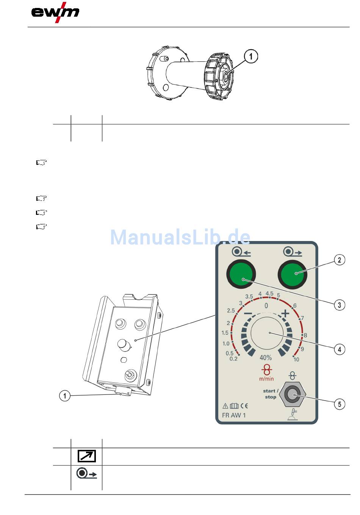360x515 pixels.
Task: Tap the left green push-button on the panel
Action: pyautogui.click(x=241, y=274)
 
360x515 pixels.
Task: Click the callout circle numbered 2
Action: pyautogui.click(x=339, y=260)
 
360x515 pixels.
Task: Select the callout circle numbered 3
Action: pyautogui.click(x=339, y=305)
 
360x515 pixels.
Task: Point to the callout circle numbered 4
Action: pyautogui.click(x=339, y=349)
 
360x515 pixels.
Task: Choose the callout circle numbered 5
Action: pyautogui.click(x=339, y=404)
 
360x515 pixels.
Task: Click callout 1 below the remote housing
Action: pyautogui.click(x=65, y=396)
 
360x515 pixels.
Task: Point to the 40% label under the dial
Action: pyautogui.click(x=266, y=358)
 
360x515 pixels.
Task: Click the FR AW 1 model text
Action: pyautogui.click(x=234, y=415)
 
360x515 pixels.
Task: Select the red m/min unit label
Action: pyautogui.click(x=266, y=379)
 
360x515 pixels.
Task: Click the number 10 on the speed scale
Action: pyautogui.click(x=296, y=360)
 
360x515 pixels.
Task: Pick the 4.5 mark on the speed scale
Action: pyautogui.click(x=269, y=294)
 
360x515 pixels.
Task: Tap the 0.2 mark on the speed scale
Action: pyautogui.click(x=233, y=359)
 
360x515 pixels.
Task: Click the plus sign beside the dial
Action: pyautogui.click(x=285, y=314)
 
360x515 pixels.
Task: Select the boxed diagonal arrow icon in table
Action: pyautogui.click(x=87, y=456)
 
